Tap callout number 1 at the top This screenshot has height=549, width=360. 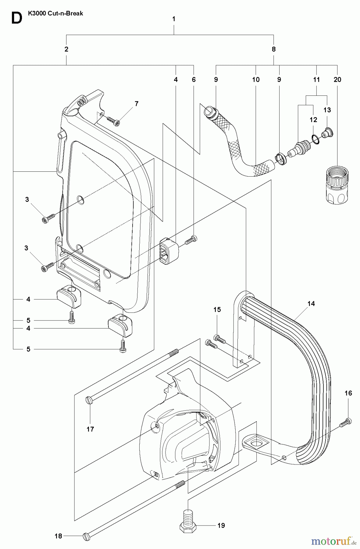click(174, 19)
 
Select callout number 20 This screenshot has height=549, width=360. click(337, 80)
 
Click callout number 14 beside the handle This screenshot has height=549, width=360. click(311, 303)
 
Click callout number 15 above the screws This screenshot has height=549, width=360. click(217, 310)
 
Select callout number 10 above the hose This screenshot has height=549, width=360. click(256, 80)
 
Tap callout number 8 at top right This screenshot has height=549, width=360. click(273, 49)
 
